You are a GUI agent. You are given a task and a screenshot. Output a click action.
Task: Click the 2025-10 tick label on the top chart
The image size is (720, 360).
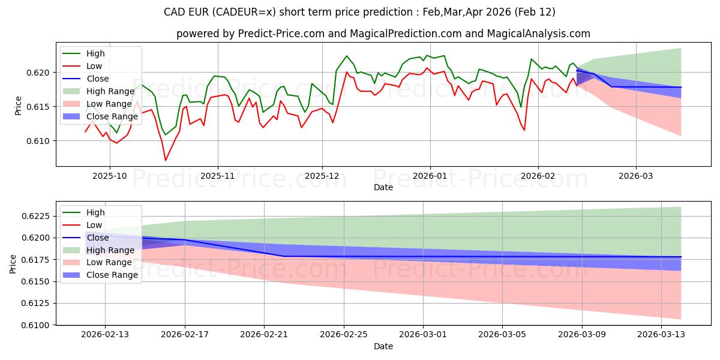(109, 176)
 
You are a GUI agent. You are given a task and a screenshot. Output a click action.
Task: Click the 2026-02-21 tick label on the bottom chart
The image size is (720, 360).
(264, 335)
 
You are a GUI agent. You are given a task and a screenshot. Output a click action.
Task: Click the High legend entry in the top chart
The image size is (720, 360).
(95, 53)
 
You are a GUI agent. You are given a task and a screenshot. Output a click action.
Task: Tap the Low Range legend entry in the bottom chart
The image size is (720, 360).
(110, 263)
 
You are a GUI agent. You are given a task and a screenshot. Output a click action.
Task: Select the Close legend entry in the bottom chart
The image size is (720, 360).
(98, 238)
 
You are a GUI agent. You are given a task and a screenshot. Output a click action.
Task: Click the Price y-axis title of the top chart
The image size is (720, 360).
(18, 106)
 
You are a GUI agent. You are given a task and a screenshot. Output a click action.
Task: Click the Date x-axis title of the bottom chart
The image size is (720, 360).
(383, 346)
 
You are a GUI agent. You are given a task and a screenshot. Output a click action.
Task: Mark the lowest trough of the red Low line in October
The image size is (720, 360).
(166, 160)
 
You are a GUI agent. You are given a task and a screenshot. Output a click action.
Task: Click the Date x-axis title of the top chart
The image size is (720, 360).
(383, 187)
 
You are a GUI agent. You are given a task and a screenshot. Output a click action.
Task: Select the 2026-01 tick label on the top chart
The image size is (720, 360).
(430, 176)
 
